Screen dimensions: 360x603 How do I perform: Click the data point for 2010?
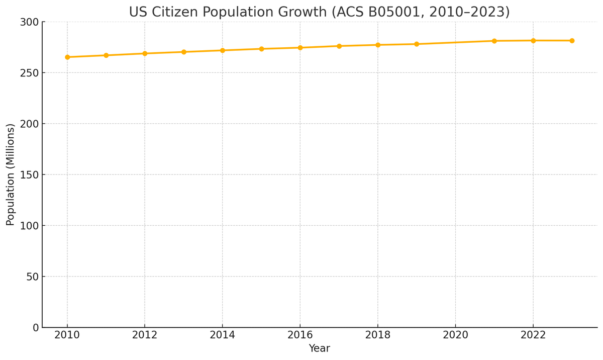(67, 57)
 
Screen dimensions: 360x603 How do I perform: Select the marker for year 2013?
(184, 52)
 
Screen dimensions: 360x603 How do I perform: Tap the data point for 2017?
(339, 46)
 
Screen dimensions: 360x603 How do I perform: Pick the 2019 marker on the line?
(417, 44)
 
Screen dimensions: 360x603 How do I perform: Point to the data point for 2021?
(494, 41)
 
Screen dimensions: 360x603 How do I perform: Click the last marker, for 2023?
(572, 41)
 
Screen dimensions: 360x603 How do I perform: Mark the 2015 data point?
(261, 49)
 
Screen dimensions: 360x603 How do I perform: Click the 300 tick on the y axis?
(29, 22)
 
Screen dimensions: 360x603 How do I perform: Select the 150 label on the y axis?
(29, 175)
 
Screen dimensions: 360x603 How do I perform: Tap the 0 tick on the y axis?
(35, 328)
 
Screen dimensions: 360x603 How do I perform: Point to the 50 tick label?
(32, 277)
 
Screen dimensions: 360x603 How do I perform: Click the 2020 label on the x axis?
(455, 335)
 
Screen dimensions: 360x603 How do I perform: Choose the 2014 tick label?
(223, 335)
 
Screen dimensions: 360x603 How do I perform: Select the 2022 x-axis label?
(533, 335)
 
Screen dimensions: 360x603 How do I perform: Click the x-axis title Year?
(319, 348)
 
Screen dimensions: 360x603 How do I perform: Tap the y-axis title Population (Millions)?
(11, 174)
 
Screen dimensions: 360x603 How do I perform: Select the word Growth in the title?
(305, 12)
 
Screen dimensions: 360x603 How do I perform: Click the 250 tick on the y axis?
(29, 73)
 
